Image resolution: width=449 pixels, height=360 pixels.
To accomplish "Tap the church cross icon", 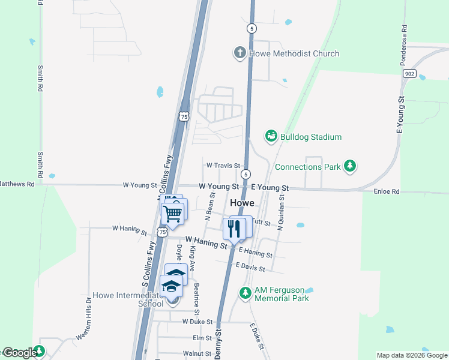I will (240, 53).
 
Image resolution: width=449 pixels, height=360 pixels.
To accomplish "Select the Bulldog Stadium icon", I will (271, 137).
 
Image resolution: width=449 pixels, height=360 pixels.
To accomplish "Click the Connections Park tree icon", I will (350, 166).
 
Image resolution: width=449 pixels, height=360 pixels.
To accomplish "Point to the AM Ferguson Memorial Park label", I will (282, 293).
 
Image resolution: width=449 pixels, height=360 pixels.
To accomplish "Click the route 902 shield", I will (409, 73).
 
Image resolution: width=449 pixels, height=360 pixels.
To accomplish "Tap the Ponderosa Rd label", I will (405, 44).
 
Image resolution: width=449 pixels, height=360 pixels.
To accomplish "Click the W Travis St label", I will (223, 165).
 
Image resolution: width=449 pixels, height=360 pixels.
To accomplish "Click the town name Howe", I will (243, 203).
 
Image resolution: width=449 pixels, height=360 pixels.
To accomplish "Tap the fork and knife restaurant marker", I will (234, 229).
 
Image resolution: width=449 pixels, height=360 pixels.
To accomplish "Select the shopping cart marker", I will (173, 213).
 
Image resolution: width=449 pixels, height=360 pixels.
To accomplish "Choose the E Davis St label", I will (250, 266).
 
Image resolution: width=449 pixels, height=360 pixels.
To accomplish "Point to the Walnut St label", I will (198, 354).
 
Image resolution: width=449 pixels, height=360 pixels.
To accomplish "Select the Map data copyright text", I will (411, 355).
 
